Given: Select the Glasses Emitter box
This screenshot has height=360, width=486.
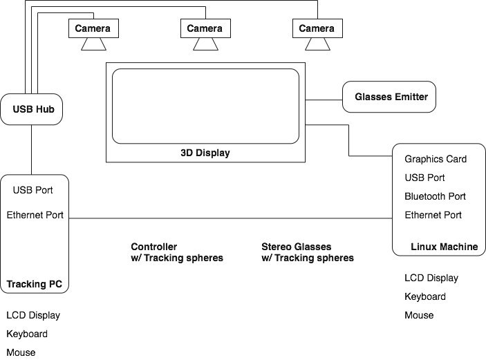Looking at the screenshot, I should (391, 97).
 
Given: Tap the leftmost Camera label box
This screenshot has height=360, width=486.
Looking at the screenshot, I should (93, 28).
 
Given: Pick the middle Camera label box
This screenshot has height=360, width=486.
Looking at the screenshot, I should (205, 28).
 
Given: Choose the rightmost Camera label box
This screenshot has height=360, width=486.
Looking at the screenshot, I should (317, 28).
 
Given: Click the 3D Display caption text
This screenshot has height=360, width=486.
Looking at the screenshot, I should (205, 153).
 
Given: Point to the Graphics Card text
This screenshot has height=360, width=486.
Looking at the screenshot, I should (436, 159).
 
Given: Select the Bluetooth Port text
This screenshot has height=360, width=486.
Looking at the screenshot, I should (436, 196).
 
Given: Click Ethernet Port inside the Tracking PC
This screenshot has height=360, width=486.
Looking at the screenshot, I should (35, 215).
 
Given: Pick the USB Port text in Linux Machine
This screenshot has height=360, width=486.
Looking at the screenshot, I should (424, 178).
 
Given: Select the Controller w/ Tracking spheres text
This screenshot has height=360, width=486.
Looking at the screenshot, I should (177, 252).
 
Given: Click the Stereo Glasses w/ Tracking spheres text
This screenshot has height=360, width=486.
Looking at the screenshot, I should (308, 252).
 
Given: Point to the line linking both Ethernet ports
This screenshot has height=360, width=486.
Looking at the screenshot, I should (228, 218).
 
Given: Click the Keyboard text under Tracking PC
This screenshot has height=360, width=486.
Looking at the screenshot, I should (27, 334).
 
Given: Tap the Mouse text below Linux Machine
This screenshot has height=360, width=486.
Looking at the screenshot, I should (419, 315).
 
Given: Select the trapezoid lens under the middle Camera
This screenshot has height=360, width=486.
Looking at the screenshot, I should (205, 44).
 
